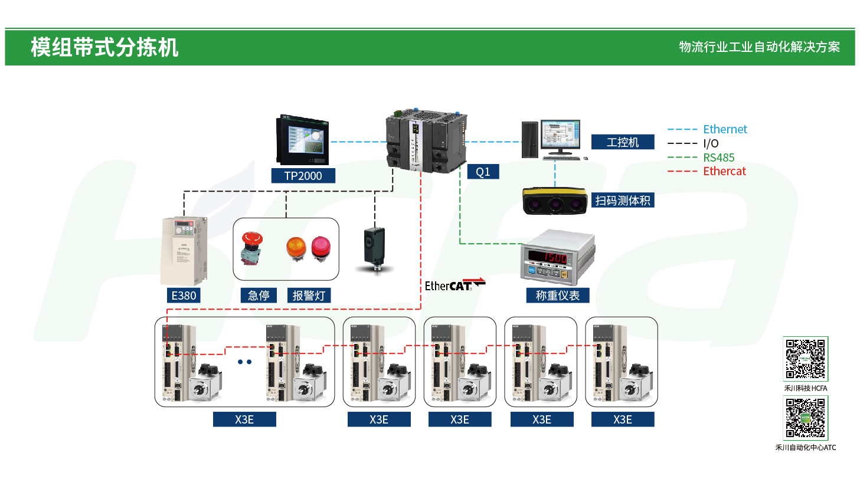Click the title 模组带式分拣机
tap(104, 47)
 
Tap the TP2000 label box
tap(303, 175)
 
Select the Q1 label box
tap(483, 172)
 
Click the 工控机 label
tap(623, 142)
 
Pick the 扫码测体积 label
tap(623, 201)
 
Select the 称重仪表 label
tap(557, 295)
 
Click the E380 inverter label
tap(183, 295)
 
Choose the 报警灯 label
tap(309, 295)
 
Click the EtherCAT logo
tap(454, 285)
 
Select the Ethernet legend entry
tap(724, 129)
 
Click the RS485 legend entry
tap(718, 158)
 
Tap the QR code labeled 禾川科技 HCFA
tap(806, 359)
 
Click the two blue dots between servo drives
tap(245, 362)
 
